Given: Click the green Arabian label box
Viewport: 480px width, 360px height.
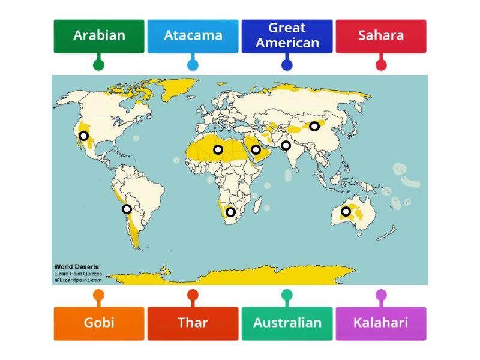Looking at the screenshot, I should coord(99,35).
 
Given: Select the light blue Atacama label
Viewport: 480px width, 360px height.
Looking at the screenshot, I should coord(193,35).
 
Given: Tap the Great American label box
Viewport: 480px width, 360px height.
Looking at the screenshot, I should coord(287,35).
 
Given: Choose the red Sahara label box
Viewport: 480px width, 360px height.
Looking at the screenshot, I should coord(380,35).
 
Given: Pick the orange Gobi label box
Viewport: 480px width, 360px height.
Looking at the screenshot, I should coord(99,323).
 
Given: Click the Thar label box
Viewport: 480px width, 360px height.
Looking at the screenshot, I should coord(193,323).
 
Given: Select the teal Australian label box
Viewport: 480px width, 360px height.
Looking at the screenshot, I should coord(287,323).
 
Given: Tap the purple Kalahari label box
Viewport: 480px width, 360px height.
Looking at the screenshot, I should coord(380,323).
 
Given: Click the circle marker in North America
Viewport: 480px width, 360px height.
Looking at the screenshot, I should coord(84,136).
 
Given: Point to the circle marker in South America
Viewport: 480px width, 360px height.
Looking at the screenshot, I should coord(127,209).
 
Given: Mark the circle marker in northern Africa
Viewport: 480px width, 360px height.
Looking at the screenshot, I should coord(218,149).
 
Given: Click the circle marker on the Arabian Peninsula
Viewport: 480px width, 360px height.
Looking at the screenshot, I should coord(256,149).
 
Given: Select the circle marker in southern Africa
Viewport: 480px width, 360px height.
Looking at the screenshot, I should coord(230,212).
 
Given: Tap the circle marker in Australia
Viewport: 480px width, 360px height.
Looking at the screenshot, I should coord(346,211).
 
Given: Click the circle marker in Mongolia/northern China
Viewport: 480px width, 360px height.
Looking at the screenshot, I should coord(314,126).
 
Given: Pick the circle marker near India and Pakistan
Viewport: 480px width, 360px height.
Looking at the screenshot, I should coord(286,145).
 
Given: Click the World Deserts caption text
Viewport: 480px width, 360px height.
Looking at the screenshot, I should coord(77,267).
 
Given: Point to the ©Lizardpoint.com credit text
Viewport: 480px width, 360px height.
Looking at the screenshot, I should coord(78,280).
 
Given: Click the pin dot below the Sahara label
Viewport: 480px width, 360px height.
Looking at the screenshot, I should coord(380,65).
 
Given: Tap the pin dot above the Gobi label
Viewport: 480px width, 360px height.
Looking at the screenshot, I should coord(98,295).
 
